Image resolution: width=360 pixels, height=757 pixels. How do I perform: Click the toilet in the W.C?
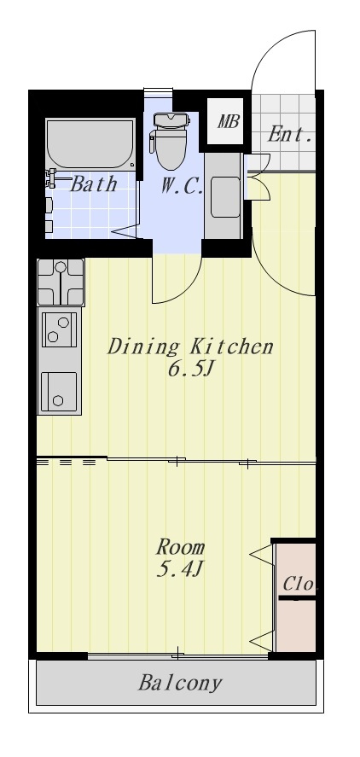point(170,141)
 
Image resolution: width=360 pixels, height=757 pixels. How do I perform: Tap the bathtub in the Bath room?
point(90,143)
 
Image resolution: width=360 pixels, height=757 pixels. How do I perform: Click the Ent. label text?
point(289,134)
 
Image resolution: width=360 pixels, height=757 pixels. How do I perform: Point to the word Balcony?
point(180,683)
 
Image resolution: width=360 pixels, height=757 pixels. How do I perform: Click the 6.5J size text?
point(190,370)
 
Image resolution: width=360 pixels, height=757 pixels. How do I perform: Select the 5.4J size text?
point(179,570)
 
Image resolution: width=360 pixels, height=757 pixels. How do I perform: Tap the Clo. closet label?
point(299,584)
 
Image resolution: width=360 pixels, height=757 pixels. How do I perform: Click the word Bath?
point(94,184)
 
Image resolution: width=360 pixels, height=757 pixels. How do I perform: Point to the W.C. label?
point(182,186)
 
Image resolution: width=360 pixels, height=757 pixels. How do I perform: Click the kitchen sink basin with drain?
point(59,392)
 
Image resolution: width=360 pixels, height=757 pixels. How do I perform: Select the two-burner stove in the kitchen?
point(60,329)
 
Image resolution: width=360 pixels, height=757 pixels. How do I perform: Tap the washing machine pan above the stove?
point(61,282)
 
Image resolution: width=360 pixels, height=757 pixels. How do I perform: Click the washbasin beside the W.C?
point(225,197)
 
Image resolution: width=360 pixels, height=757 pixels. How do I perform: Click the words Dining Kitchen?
point(190,347)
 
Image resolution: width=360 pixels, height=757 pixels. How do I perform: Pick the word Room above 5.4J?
point(180,547)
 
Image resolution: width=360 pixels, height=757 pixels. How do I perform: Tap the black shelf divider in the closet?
point(297,598)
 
